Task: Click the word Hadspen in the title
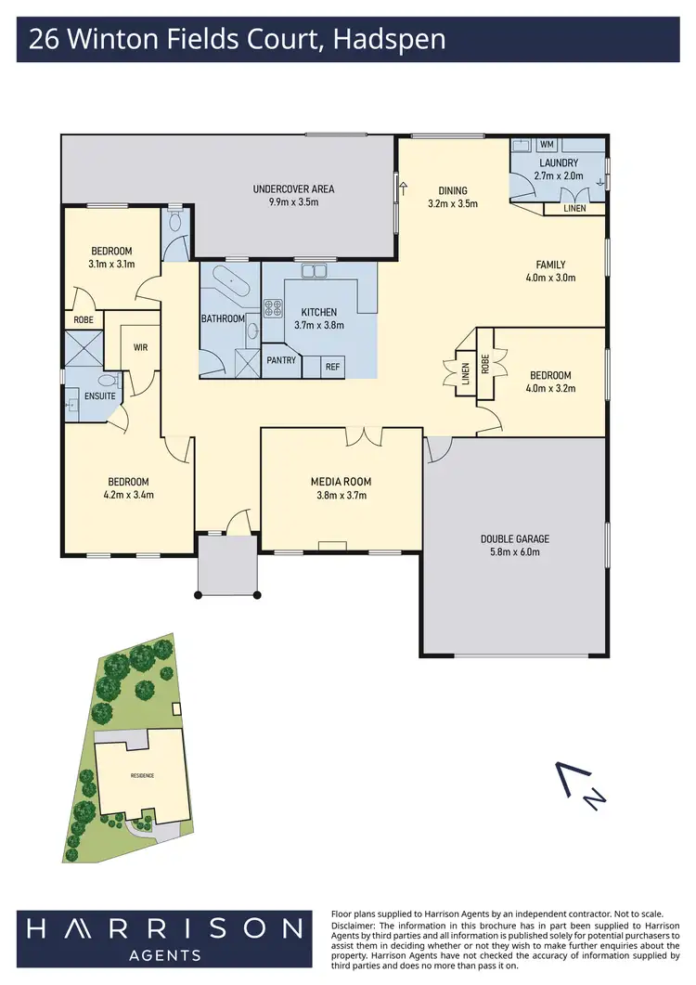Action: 394,40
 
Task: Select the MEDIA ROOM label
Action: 341,482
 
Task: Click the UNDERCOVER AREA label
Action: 293,189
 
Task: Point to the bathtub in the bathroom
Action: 228,280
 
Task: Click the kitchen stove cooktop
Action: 274,308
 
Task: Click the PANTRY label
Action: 280,359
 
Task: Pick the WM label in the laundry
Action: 547,145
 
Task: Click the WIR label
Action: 142,348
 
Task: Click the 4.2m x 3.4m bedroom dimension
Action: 128,495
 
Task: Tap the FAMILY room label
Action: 549,265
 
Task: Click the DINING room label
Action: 453,191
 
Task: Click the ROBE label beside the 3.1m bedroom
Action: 83,320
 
